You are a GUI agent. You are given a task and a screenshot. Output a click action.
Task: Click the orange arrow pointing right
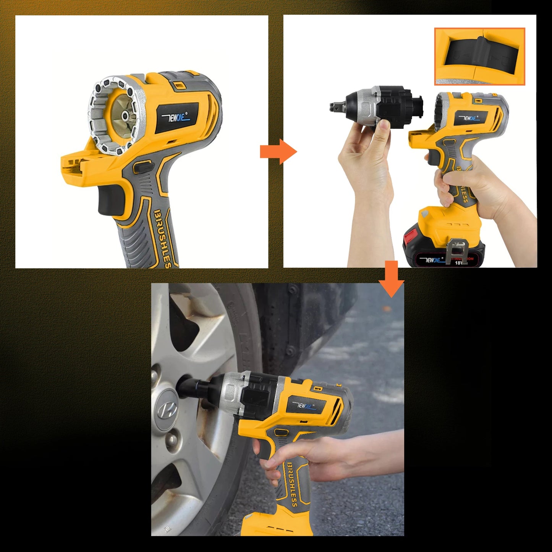coord(278,152)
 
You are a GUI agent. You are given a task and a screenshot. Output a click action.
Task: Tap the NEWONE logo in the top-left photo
coord(176,117)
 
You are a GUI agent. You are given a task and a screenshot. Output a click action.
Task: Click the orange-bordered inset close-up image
coord(479,57)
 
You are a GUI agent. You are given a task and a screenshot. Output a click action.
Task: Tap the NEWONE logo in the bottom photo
coord(306,406)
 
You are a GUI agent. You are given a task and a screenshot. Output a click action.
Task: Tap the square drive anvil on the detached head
coord(335,107)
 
